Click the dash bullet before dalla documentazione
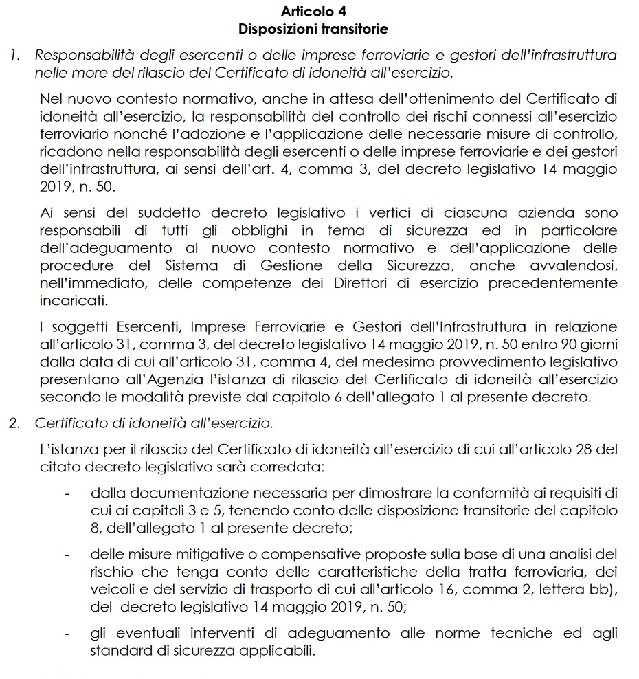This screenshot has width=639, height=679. (67, 493)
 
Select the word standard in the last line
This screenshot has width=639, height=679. (117, 651)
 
